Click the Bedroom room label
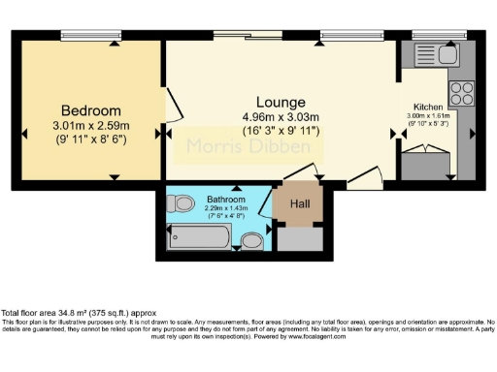(x=91, y=109)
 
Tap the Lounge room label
(x=281, y=102)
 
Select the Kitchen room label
(x=428, y=107)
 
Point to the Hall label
(x=299, y=204)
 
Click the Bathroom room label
(x=225, y=200)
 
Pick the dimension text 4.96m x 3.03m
(x=282, y=116)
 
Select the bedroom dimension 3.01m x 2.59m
(x=91, y=125)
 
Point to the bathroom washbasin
(x=251, y=240)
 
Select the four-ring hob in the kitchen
(x=461, y=94)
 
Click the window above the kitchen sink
(x=428, y=36)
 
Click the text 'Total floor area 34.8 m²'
(x=56, y=312)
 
